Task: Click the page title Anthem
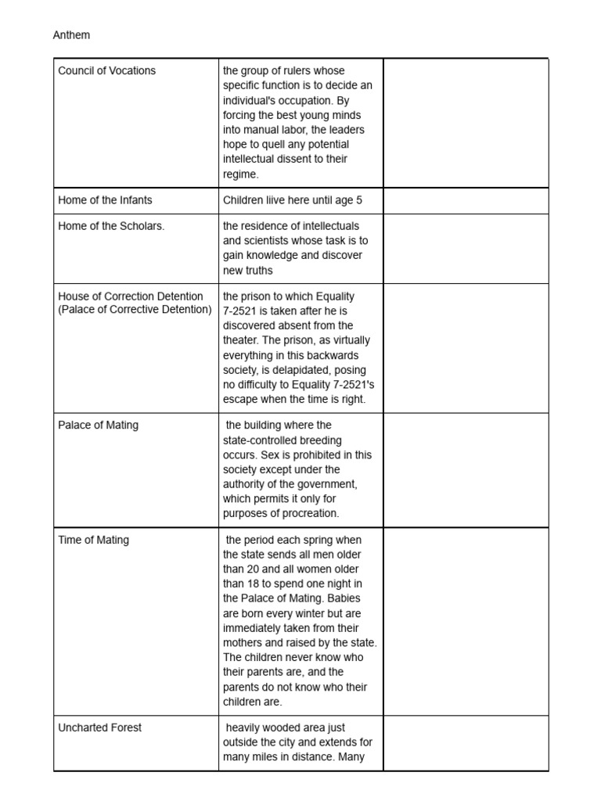coord(71,35)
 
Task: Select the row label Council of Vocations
coord(107,70)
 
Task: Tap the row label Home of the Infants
coord(105,200)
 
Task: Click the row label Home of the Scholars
coord(111,226)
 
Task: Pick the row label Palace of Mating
coord(98,425)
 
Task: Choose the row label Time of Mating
coord(94,540)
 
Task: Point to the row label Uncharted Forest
coord(100,727)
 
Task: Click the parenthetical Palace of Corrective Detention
coord(135,310)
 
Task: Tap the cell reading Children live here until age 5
coord(293,200)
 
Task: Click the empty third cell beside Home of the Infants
coord(466,200)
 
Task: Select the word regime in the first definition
coord(240,174)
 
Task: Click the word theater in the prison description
coord(243,340)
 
